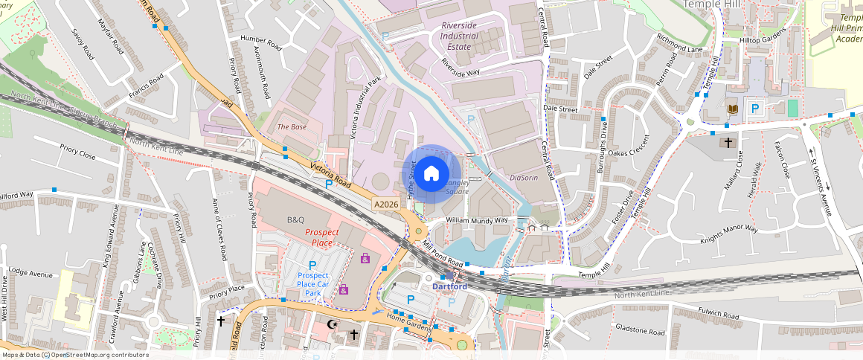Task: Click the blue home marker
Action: pos(431,174)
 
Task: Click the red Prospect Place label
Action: pos(321,237)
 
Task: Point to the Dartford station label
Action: pos(449,286)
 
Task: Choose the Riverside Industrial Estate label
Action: pos(459,36)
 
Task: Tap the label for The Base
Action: pos(292,127)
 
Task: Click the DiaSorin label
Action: pos(524,178)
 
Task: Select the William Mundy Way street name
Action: pos(477,220)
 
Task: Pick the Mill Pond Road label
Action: pos(443,255)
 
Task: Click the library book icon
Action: pos(733,109)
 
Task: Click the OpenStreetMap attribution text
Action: pos(75,355)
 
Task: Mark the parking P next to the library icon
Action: pos(755,109)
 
